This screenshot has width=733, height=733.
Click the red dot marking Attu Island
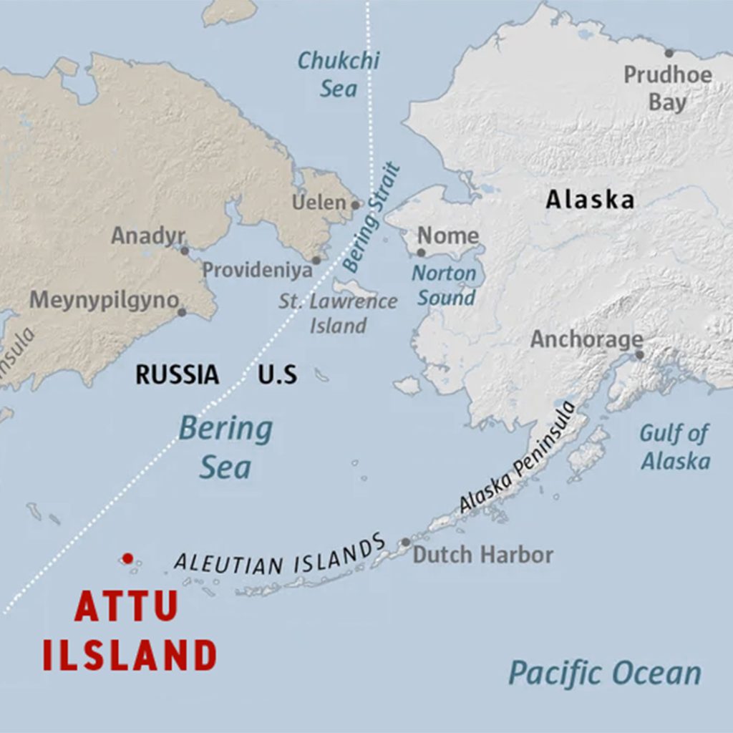pos(127,558)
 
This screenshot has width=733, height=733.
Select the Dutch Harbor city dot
pos(406,543)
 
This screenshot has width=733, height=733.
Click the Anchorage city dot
pos(639,354)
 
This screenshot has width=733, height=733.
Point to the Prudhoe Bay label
pos(667,87)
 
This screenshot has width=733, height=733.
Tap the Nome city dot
pos(421,253)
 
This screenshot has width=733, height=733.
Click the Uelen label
pos(319,203)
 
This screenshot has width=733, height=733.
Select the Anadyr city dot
pos(185,251)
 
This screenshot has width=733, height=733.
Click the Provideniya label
pos(257,270)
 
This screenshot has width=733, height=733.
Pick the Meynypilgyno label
pos(103,300)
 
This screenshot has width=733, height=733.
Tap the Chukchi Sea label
pos(338,74)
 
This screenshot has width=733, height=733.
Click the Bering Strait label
pos(372,218)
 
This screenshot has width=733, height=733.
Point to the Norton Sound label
pos(445,285)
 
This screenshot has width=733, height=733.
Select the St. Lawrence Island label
pos(338,313)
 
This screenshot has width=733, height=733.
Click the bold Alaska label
pos(590,200)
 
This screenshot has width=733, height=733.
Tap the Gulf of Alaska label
pos(675,447)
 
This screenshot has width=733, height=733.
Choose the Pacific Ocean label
pos(605,673)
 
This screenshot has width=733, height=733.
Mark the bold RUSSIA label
pos(178,374)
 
